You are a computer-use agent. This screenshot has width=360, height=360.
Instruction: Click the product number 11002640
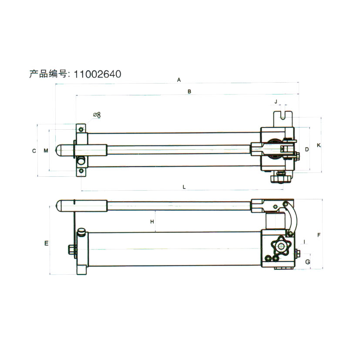point(98,74)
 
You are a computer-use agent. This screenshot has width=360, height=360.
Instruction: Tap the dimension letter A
point(179,80)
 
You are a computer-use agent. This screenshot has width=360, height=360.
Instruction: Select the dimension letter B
point(189,91)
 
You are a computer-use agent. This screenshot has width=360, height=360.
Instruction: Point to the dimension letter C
point(34,151)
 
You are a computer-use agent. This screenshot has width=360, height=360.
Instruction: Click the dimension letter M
point(46,151)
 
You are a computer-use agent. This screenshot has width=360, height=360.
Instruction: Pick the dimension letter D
point(307,149)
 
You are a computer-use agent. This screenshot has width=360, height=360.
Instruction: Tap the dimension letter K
point(319,145)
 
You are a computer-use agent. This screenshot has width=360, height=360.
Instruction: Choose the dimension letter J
point(276,101)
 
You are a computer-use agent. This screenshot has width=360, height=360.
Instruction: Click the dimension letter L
point(184,187)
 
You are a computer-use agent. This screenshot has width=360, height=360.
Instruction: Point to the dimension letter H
point(152,222)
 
